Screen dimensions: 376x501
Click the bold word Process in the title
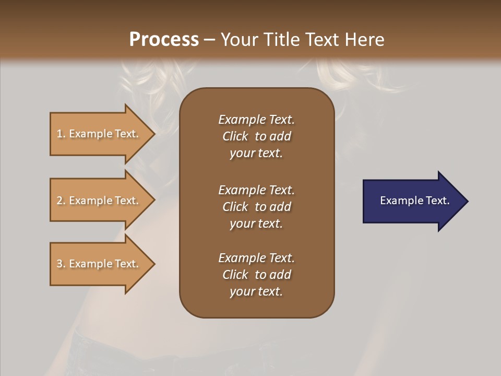pos(164,40)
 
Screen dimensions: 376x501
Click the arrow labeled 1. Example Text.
pos(99,134)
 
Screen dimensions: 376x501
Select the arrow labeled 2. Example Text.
pos(99,201)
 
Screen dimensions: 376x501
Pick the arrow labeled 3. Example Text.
pos(99,264)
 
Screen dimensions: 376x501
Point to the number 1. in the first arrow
pos(61,134)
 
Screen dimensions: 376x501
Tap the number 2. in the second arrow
pos(61,201)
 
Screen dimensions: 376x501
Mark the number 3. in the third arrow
pos(61,264)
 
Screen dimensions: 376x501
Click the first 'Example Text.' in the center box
pos(256,120)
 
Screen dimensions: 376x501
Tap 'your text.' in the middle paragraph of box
pos(256,224)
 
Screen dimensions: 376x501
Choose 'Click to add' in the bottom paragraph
pos(256,275)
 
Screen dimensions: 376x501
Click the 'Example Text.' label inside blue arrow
pos(414,201)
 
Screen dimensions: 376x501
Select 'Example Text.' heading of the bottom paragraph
pos(256,258)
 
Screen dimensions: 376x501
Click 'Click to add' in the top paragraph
pos(256,136)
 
